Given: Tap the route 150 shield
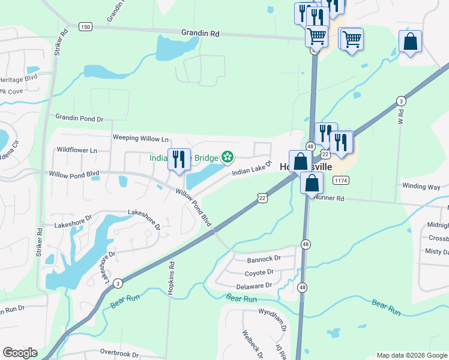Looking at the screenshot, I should [85, 26].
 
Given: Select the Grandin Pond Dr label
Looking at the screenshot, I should [80, 118].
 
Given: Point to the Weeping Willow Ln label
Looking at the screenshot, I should [140, 139].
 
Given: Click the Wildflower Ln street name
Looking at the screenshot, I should [76, 150].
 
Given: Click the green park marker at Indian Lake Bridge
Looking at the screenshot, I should [228, 158].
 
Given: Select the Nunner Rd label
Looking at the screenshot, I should [329, 197].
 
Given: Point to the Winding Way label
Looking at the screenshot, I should [421, 187].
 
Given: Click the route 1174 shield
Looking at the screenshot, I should [341, 180].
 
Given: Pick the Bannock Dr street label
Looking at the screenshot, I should [264, 259].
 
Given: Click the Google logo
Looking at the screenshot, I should [20, 353].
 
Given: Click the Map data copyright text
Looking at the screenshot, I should [411, 355].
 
